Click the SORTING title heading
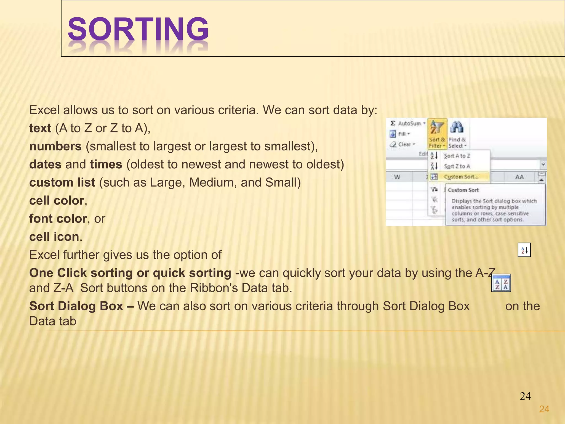click(138, 29)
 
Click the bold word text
click(40, 128)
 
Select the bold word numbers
click(55, 146)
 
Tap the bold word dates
click(45, 165)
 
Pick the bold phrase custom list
click(62, 182)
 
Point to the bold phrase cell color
click(57, 201)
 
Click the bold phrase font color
click(58, 219)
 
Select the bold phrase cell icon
click(54, 237)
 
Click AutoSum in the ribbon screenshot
click(409, 124)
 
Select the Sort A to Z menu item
click(457, 156)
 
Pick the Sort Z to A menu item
click(457, 166)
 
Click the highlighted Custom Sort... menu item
click(461, 177)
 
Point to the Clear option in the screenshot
click(404, 144)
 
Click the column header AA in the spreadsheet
click(519, 177)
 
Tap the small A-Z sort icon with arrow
click(524, 250)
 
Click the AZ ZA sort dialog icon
click(501, 283)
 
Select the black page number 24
click(525, 396)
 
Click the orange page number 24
click(544, 409)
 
